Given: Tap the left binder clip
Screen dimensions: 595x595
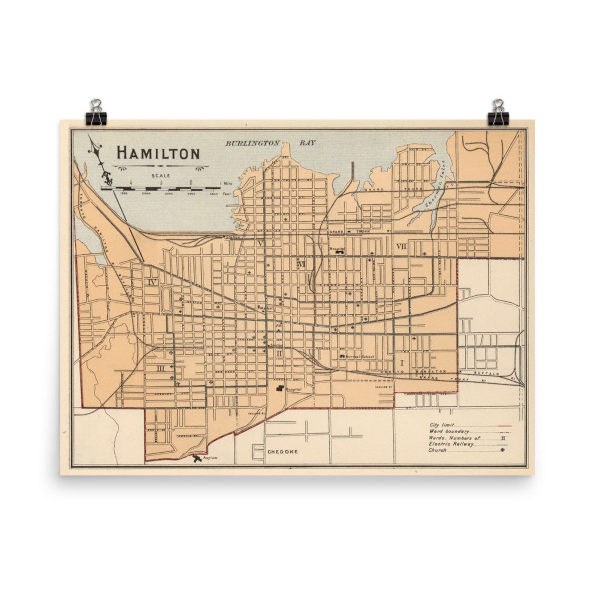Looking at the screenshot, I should (97, 112).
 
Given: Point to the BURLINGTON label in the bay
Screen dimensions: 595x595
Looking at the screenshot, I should (252, 143).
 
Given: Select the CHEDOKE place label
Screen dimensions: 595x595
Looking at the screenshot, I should (283, 452).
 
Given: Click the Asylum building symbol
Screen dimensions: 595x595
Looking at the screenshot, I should (197, 458).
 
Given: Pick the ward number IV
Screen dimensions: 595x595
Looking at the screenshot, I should (152, 282).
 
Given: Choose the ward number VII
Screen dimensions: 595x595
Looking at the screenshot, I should (401, 246).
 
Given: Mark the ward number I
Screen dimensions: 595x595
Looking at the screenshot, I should (402, 362).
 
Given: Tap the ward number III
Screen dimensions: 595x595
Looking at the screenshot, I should (160, 368).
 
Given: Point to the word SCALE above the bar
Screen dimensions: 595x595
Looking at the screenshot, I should (161, 175).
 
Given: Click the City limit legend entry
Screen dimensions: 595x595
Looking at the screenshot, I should (442, 425).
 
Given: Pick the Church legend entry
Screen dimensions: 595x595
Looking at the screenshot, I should (438, 450).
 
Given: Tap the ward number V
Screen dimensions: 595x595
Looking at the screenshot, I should (260, 243).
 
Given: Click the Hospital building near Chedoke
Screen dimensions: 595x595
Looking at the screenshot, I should (280, 388).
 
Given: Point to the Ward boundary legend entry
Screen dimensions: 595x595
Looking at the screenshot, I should (449, 431).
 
